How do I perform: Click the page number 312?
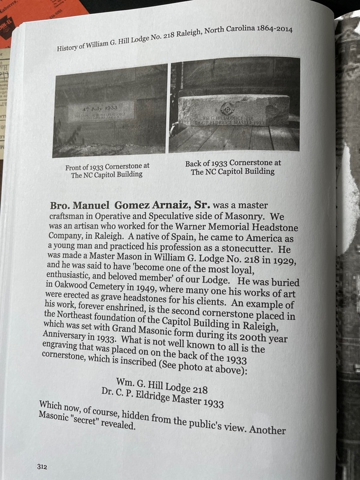(x=41, y=466)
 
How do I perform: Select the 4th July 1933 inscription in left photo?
(x=100, y=110)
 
